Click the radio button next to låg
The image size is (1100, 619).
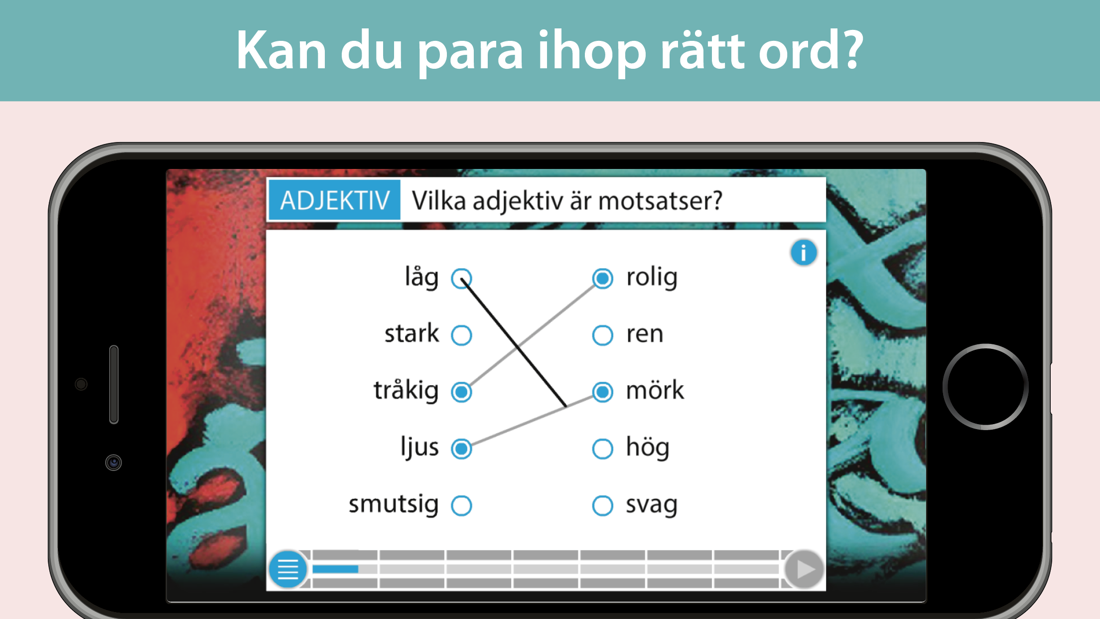click(x=461, y=279)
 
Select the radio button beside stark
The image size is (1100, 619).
click(x=461, y=335)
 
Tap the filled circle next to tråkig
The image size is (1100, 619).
click(x=461, y=392)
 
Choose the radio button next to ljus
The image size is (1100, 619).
click(x=461, y=449)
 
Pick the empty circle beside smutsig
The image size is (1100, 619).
click(x=461, y=505)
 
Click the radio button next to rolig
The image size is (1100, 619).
click(x=602, y=279)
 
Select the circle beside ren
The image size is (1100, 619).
click(x=602, y=335)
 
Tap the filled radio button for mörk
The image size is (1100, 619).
click(x=602, y=392)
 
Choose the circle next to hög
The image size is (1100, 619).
click(x=602, y=449)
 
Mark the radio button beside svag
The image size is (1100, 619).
click(x=602, y=505)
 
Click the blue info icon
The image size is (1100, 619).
click(x=803, y=253)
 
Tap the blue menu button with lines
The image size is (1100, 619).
click(x=288, y=569)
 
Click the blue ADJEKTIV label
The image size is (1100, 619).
click(x=334, y=200)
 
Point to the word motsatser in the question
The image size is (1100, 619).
click(x=660, y=201)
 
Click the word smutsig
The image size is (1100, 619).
click(x=394, y=505)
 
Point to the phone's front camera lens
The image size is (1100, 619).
click(x=114, y=463)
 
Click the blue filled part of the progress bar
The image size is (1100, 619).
click(x=335, y=569)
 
